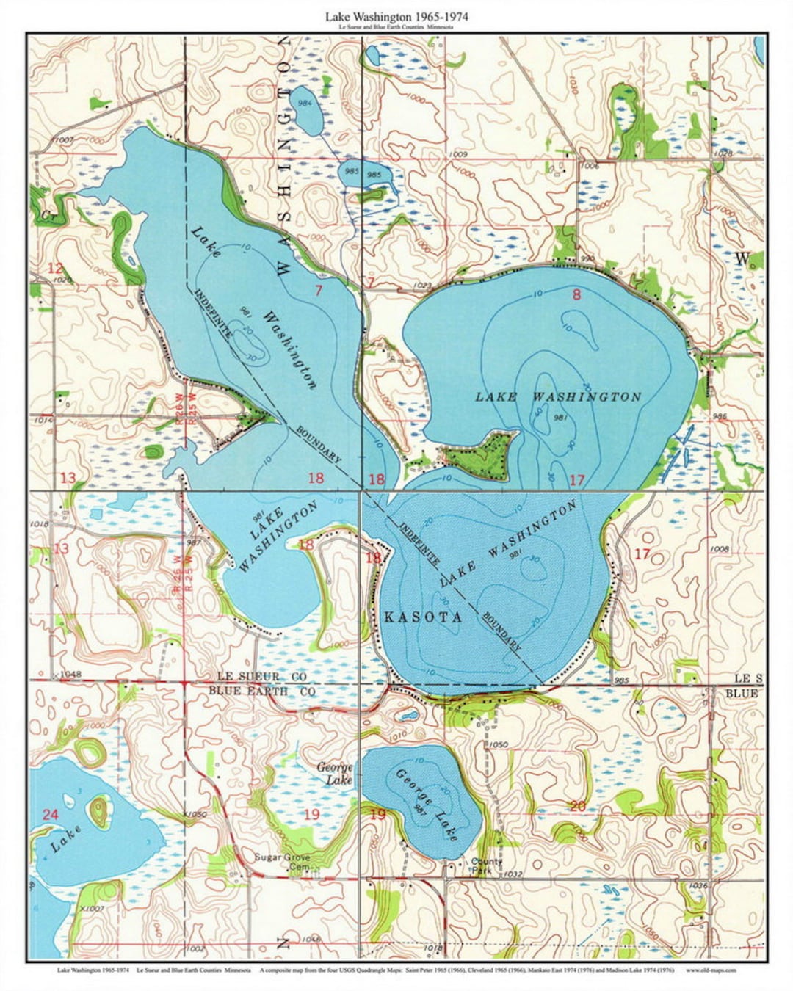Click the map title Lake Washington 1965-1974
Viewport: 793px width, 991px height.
(x=396, y=15)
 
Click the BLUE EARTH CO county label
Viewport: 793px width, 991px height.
(x=261, y=691)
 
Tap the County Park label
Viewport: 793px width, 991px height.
(x=487, y=866)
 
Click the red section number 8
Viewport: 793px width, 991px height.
(x=576, y=294)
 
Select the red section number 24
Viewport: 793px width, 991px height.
(x=50, y=814)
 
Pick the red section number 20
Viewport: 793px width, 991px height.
(x=578, y=806)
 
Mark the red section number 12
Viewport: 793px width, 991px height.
(x=56, y=268)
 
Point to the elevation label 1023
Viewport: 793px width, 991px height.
(x=422, y=285)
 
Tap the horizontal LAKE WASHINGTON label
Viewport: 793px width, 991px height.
(x=558, y=396)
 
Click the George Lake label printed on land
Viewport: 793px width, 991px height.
(x=335, y=773)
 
